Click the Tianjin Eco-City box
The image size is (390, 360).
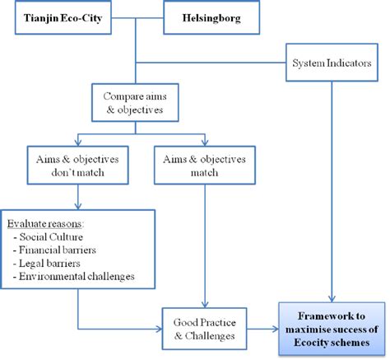(x=67, y=17)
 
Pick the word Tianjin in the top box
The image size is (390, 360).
(x=40, y=17)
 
